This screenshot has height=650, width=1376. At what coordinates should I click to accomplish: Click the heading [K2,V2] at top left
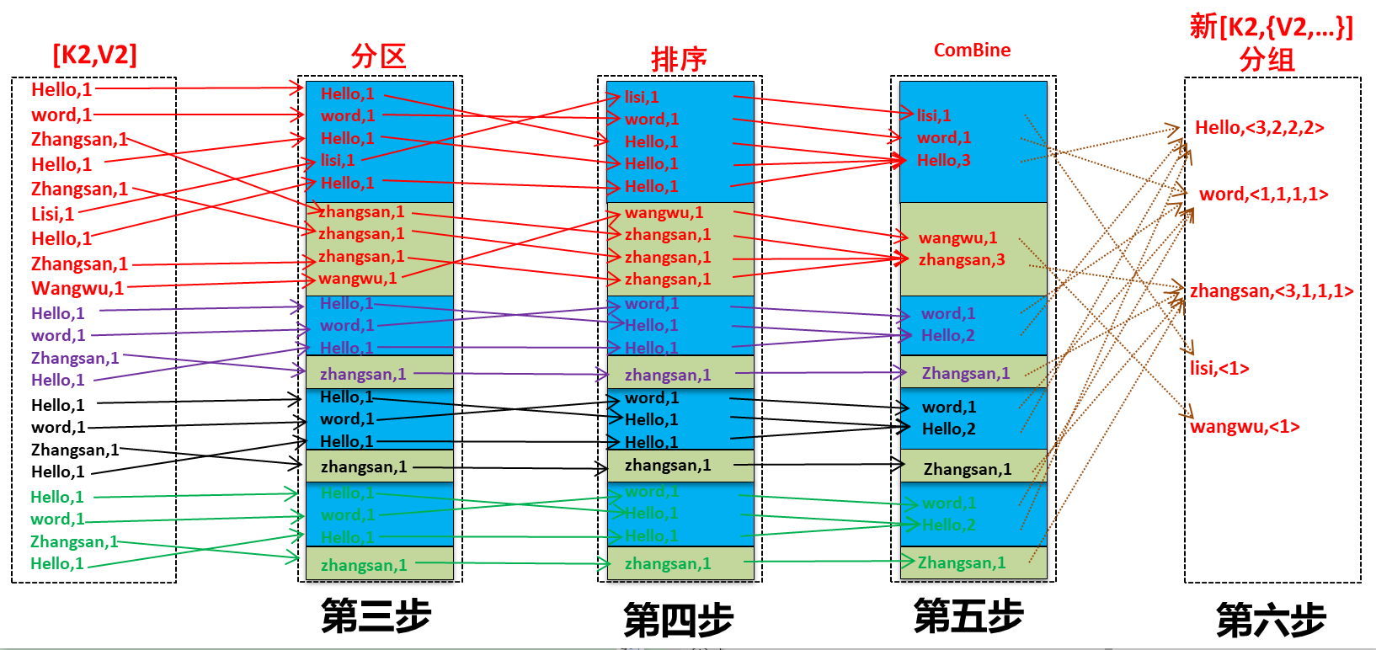(x=94, y=56)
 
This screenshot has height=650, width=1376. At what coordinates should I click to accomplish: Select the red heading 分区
(x=378, y=56)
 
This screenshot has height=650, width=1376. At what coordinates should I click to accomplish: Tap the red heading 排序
(x=678, y=59)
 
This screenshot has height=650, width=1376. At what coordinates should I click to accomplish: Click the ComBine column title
(x=972, y=50)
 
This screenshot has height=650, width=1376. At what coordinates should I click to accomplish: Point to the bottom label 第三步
(x=376, y=616)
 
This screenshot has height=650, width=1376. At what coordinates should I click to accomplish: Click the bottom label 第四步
(x=678, y=621)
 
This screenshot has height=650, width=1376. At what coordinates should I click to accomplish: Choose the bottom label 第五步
(x=968, y=615)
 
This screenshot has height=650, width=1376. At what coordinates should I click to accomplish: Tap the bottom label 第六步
(x=1271, y=621)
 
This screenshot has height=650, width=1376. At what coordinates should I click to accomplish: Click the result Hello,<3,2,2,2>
(x=1259, y=128)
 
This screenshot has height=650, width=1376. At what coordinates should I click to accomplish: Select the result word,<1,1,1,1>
(x=1263, y=194)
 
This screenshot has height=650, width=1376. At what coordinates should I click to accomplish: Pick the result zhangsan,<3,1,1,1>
(x=1272, y=291)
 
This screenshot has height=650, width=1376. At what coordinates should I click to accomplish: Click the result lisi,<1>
(x=1219, y=368)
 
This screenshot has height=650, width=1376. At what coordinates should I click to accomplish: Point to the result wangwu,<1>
(x=1245, y=427)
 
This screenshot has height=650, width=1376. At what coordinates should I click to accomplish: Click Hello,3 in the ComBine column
(x=943, y=160)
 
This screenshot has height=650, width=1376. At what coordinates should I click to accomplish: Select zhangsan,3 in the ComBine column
(x=961, y=259)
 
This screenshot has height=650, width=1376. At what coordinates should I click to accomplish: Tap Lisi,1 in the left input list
(x=52, y=214)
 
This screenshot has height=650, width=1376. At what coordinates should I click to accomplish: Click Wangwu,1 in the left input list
(x=77, y=288)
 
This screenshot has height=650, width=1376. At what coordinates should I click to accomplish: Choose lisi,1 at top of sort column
(x=642, y=97)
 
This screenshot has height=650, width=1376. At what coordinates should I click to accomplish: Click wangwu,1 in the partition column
(x=357, y=278)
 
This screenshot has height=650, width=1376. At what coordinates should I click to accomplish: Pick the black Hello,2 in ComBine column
(x=948, y=429)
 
